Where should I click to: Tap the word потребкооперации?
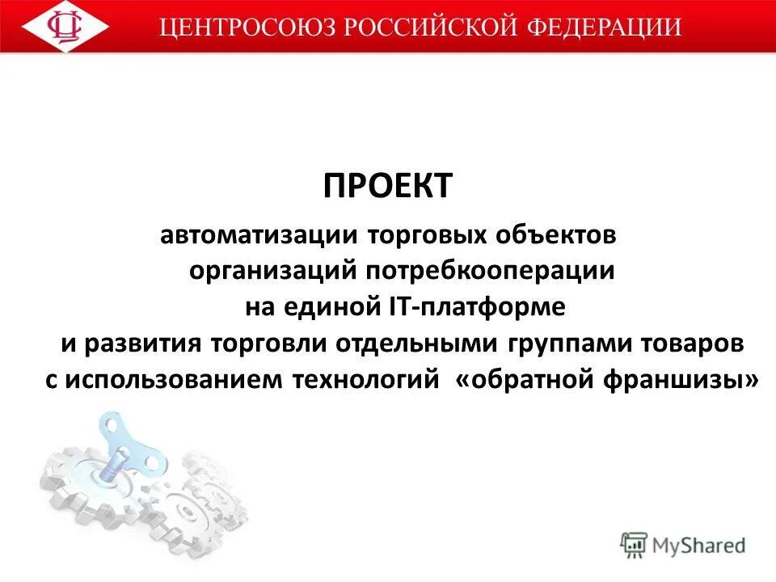pos(490,272)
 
